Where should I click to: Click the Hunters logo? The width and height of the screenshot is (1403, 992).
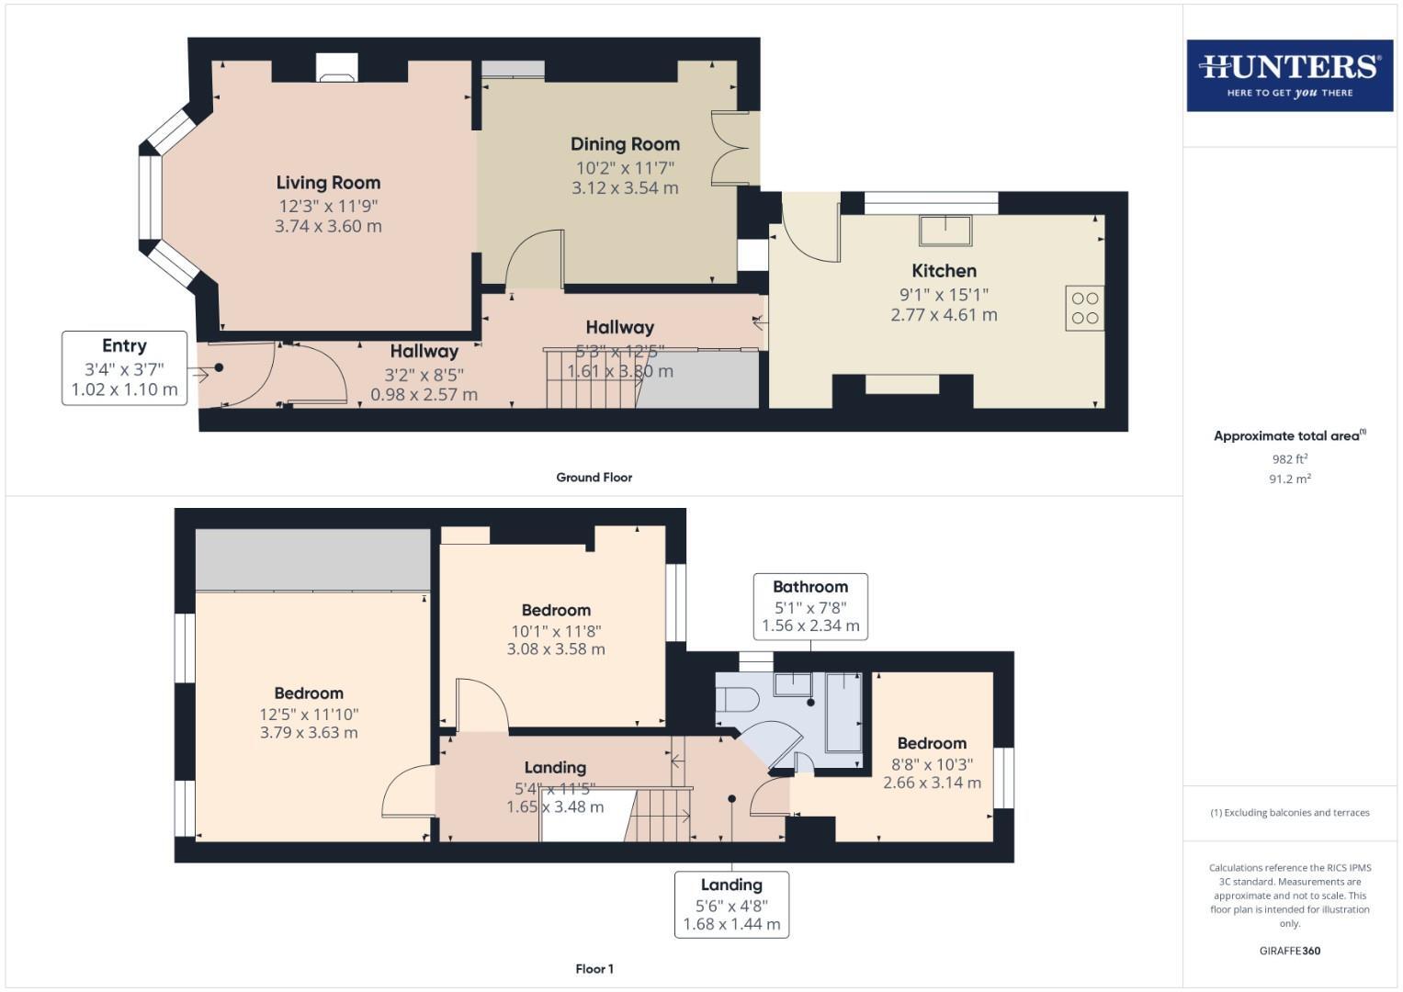[x=1289, y=75]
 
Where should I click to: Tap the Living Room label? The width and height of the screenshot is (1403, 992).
[x=328, y=183]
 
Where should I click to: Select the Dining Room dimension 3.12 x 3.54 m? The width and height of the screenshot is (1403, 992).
[x=625, y=188]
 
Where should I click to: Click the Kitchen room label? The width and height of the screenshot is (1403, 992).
[x=944, y=271]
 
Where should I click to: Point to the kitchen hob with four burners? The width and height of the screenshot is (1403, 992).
[x=1084, y=308]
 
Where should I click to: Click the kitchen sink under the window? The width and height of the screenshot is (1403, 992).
[x=945, y=231]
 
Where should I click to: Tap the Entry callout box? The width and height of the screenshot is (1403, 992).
[x=125, y=368]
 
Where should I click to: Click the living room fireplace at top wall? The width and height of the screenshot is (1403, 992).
[x=335, y=67]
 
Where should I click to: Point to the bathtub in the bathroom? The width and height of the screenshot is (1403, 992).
[x=843, y=713]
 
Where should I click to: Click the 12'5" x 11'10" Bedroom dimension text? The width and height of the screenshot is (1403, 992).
[x=309, y=714]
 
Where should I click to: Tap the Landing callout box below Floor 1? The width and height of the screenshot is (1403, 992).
[x=731, y=904]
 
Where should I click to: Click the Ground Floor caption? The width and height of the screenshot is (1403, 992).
[x=594, y=478]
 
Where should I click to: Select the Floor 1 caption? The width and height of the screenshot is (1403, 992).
[x=594, y=969]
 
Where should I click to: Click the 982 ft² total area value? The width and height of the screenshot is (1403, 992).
[x=1289, y=459]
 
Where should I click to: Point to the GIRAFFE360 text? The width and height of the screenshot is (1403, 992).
[x=1289, y=951]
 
